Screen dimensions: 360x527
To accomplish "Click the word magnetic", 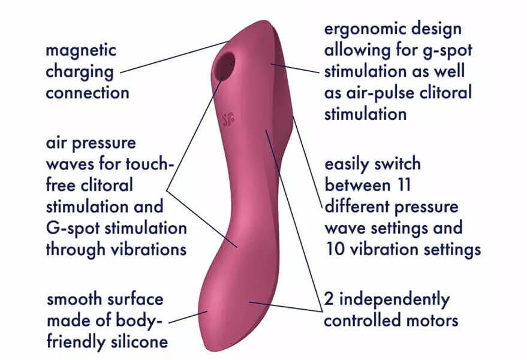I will click(82, 50).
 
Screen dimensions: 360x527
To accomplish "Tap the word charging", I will click(80, 72).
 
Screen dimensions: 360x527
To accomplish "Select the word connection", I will click(88, 93).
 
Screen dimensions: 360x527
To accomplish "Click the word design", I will click(441, 29).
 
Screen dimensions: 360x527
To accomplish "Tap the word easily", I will click(350, 164).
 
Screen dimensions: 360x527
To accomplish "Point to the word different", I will click(361, 207).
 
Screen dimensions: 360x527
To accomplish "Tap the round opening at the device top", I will click(226, 62).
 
